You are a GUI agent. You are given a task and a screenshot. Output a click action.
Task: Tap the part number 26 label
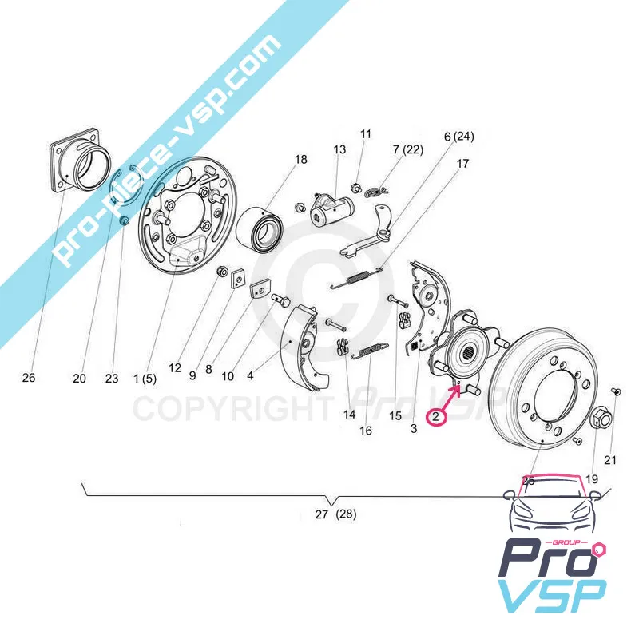click(29, 378)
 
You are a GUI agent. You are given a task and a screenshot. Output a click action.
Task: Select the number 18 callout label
click(300, 160)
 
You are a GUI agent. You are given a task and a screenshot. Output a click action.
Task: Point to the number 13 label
click(339, 149)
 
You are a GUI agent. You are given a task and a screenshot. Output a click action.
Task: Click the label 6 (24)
click(458, 137)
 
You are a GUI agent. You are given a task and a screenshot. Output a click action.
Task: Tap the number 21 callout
click(610, 459)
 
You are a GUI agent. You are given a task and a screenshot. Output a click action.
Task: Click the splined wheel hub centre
click(462, 348)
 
